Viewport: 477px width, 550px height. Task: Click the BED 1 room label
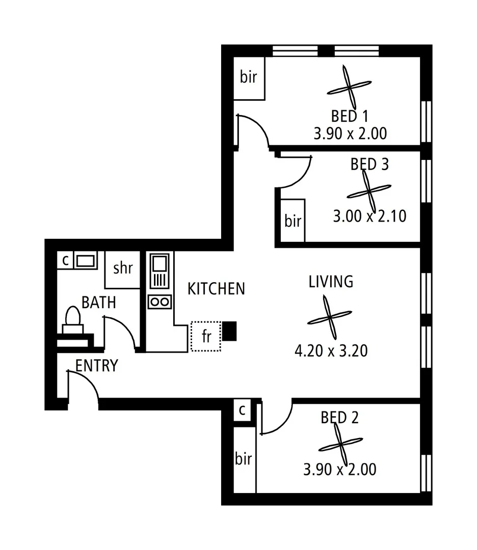[x=350, y=117]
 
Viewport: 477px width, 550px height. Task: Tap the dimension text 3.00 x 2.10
[x=369, y=216]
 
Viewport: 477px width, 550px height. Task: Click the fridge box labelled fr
[x=206, y=336]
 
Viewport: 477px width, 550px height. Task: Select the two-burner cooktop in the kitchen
[x=160, y=301]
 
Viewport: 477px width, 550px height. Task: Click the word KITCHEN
[x=216, y=289]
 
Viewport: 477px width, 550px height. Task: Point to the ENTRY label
[x=97, y=366]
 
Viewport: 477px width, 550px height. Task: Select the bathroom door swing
[x=121, y=331]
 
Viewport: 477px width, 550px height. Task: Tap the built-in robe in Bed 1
[x=249, y=78]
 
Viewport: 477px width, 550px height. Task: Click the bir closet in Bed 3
[x=293, y=221]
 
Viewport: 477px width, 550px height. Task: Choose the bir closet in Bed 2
[x=244, y=459]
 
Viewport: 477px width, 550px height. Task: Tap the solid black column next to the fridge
[x=230, y=331]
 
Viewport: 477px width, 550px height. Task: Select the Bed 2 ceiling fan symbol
[x=340, y=445]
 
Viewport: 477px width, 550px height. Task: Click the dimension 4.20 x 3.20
[x=331, y=351]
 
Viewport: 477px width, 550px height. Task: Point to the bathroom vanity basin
[x=85, y=261]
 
